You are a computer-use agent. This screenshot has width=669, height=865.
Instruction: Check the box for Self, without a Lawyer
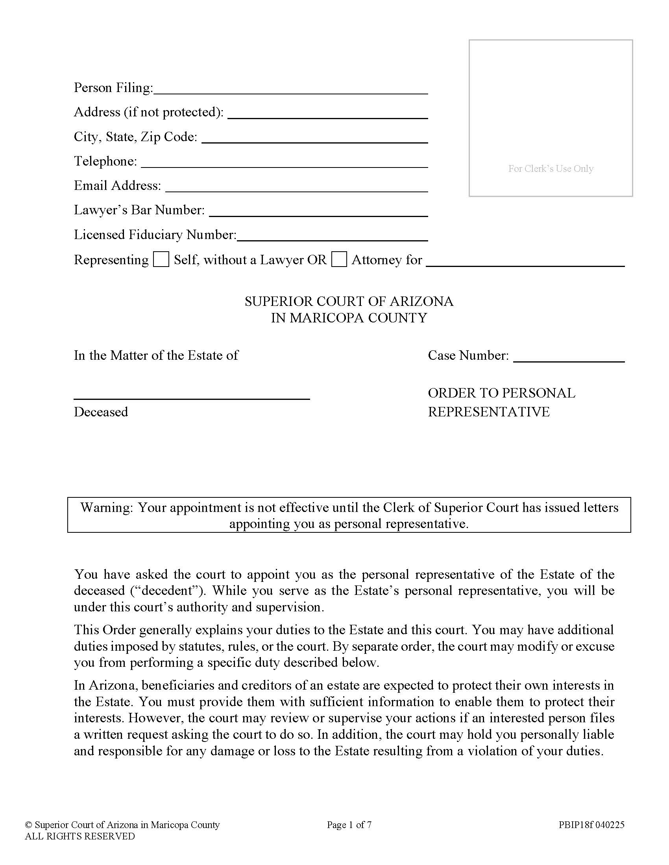pyautogui.click(x=161, y=259)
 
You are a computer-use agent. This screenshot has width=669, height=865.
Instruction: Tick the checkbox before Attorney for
pyautogui.click(x=339, y=259)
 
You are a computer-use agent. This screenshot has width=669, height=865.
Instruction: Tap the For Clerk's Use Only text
pyautogui.click(x=551, y=169)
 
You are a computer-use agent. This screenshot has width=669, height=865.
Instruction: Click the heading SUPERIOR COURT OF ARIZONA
pyautogui.click(x=349, y=302)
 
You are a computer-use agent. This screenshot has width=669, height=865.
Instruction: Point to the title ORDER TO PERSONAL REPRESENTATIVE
pyautogui.click(x=501, y=402)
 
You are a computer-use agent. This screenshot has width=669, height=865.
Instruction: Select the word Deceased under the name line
pyautogui.click(x=101, y=412)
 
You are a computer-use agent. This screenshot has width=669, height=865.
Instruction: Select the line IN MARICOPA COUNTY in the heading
pyautogui.click(x=349, y=318)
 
